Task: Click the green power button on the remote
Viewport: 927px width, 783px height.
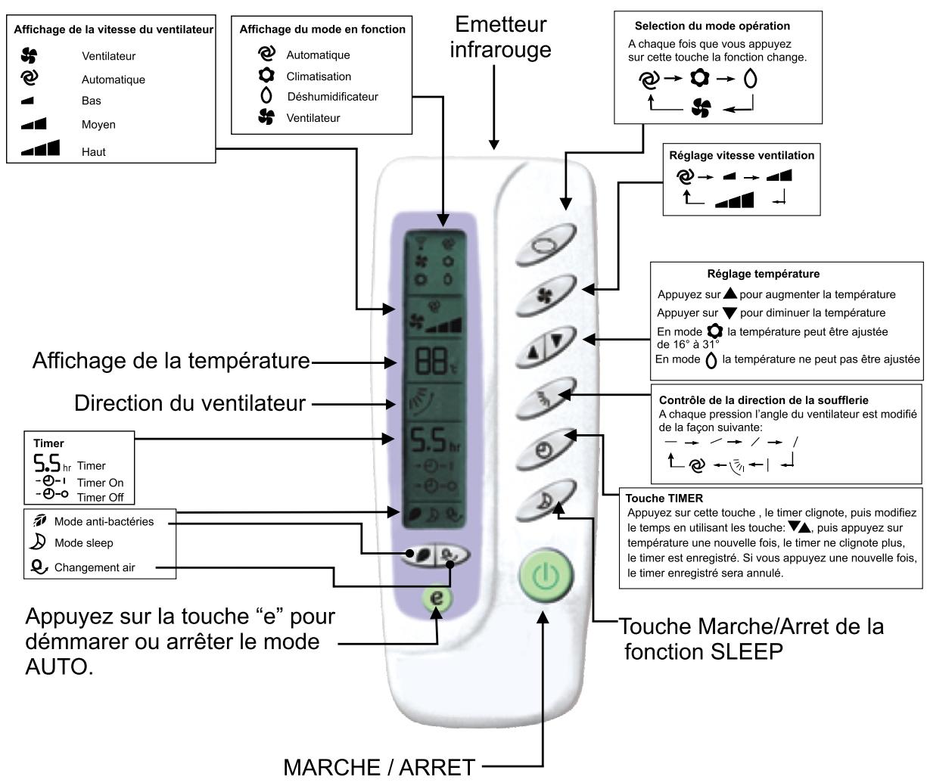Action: [542, 576]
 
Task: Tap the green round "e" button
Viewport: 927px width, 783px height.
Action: [437, 596]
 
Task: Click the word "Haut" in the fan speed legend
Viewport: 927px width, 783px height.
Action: [94, 152]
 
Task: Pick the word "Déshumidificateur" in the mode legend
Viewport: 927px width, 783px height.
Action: [332, 97]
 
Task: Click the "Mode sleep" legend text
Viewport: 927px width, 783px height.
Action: [84, 543]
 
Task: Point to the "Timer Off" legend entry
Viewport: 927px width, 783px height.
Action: [100, 497]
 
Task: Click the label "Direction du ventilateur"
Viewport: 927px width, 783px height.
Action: [190, 403]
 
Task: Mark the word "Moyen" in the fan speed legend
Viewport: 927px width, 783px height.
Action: [98, 125]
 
